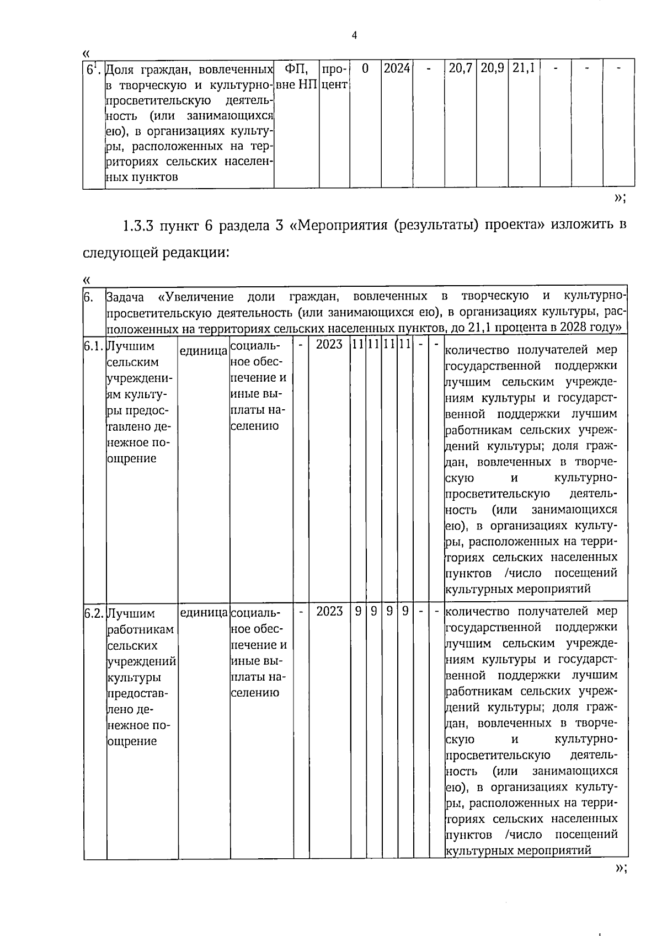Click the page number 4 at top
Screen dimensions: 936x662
pyautogui.click(x=355, y=36)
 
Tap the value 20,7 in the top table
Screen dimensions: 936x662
pyautogui.click(x=460, y=68)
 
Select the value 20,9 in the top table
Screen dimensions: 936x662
pyautogui.click(x=492, y=68)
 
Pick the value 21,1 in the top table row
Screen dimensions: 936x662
pyautogui.click(x=523, y=68)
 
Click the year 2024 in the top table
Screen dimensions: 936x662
pyautogui.click(x=397, y=68)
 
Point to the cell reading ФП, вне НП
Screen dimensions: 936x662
pyautogui.click(x=296, y=77)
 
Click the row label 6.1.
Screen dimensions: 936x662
pyautogui.click(x=94, y=346)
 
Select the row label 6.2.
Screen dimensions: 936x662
pyautogui.click(x=94, y=614)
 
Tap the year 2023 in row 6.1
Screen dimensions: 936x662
pyautogui.click(x=329, y=345)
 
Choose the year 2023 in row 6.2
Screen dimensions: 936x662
pyautogui.click(x=329, y=611)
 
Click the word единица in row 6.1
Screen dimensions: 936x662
pyautogui.click(x=203, y=350)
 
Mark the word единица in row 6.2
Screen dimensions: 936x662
pyautogui.click(x=203, y=613)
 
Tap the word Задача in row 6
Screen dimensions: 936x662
pyautogui.click(x=125, y=297)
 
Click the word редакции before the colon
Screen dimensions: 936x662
pyautogui.click(x=194, y=253)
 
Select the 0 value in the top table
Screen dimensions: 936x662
pyautogui.click(x=365, y=68)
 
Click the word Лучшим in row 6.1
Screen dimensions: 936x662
pyautogui.click(x=131, y=346)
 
